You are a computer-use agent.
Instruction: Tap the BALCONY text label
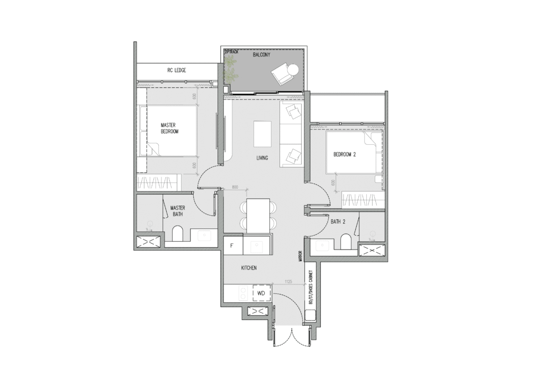tap(262, 54)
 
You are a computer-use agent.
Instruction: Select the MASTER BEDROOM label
tap(169, 128)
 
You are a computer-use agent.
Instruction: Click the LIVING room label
tap(262, 158)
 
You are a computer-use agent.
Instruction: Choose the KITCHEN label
tap(249, 269)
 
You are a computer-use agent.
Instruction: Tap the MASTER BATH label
tap(177, 211)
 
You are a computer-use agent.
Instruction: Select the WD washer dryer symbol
tap(261, 293)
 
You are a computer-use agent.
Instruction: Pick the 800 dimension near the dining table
tap(236, 188)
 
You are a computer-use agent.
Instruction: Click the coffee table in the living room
tap(262, 134)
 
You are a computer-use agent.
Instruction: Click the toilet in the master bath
tap(177, 234)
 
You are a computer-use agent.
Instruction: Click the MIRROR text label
tap(300, 256)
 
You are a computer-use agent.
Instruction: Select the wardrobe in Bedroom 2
tap(363, 200)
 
